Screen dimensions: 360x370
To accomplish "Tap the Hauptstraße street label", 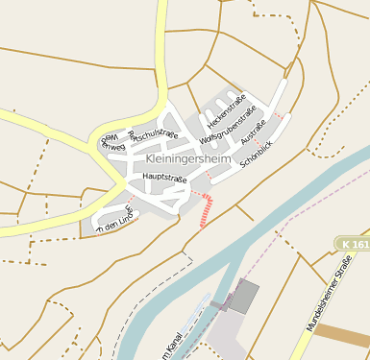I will (x=163, y=178).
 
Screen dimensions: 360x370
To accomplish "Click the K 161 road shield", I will (x=355, y=246).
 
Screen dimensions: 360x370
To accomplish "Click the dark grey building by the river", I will (x=245, y=295).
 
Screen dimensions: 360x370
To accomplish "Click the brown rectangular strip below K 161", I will (x=342, y=334).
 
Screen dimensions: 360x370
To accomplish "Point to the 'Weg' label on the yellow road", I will (x=105, y=139).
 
